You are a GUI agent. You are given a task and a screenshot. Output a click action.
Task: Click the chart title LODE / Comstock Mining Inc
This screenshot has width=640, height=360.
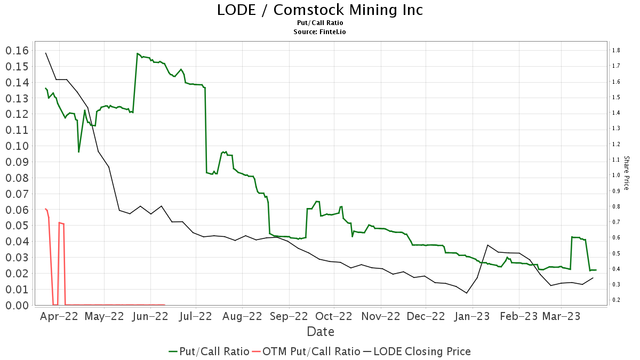click(319, 10)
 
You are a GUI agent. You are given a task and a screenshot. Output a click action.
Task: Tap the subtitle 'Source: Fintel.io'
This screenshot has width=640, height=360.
click(319, 32)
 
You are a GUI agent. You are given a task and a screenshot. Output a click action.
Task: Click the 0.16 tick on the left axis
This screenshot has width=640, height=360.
click(17, 51)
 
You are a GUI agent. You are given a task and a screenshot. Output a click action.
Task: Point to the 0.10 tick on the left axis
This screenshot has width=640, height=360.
click(17, 146)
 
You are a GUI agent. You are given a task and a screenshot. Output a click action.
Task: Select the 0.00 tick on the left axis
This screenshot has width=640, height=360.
click(17, 305)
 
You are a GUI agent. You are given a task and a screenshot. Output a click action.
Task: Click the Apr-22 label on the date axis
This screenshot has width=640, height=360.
click(60, 316)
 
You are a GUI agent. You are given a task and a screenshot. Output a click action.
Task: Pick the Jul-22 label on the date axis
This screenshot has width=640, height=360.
click(195, 316)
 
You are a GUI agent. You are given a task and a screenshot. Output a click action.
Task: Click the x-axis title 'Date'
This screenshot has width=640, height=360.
click(320, 332)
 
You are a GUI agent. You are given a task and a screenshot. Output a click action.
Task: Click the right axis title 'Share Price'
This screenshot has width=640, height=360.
click(626, 173)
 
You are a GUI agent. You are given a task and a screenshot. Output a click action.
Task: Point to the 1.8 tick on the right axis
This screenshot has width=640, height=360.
click(615, 51)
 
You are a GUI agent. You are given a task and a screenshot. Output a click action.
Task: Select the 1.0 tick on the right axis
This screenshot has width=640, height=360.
click(615, 175)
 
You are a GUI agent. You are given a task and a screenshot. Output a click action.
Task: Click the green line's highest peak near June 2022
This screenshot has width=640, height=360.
click(138, 53)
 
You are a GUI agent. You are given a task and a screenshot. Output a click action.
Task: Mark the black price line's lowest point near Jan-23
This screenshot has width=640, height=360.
click(467, 293)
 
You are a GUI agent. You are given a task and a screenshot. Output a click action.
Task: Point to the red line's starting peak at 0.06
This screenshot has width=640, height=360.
click(45, 209)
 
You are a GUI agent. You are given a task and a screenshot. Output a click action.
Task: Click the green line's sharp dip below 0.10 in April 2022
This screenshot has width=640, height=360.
click(78, 152)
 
